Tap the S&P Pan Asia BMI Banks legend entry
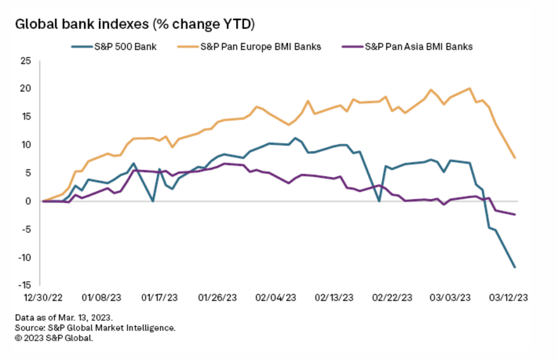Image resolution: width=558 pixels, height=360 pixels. coord(418,46)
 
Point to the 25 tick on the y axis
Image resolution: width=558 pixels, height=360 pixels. coord(25,61)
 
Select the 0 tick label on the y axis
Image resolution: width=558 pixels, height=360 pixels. coord(28,201)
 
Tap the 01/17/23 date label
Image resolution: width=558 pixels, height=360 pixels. coord(161,298)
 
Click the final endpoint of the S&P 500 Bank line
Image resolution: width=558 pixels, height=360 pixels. coord(515,267)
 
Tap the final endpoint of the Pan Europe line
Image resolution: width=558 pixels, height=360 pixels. coord(515,158)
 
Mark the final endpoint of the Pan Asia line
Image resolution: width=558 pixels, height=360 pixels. coord(515,214)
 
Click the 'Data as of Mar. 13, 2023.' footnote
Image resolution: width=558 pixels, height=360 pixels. coord(64,318)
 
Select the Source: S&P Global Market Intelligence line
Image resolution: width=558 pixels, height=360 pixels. coord(95,328)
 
